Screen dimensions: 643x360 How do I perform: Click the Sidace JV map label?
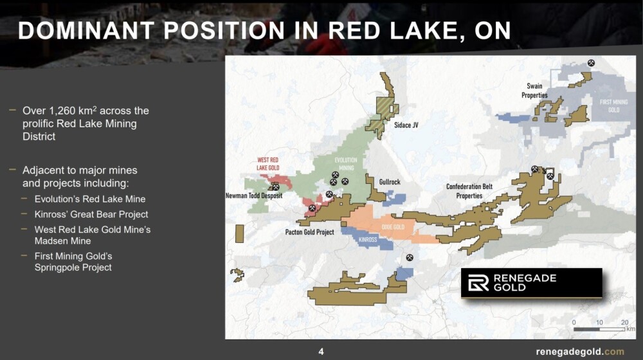pos(406,125)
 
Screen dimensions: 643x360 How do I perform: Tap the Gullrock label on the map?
pos(390,182)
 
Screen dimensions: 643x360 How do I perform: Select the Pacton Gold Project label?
pos(310,232)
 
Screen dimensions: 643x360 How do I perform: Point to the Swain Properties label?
pos(534,91)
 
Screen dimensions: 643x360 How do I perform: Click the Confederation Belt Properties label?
pos(469,191)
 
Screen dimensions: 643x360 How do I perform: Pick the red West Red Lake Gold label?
pos(267,163)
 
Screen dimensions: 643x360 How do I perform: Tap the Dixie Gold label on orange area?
pos(393,227)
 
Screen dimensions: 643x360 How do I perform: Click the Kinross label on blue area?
pos(368,239)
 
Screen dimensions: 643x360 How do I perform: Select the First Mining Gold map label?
pos(613,106)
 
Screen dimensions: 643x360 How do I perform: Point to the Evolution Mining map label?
pos(346,164)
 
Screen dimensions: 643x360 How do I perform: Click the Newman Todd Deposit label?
pos(254,195)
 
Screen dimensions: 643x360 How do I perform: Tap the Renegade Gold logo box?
pos(532,282)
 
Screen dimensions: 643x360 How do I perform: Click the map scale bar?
pos(599,329)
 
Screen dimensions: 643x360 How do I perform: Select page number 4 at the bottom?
pos(321,352)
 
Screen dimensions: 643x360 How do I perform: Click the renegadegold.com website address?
pos(580,352)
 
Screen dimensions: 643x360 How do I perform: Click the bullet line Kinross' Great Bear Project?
pos(91,214)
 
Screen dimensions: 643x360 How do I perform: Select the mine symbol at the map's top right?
pos(591,63)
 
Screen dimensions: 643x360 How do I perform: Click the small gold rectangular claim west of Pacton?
pos(239,234)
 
